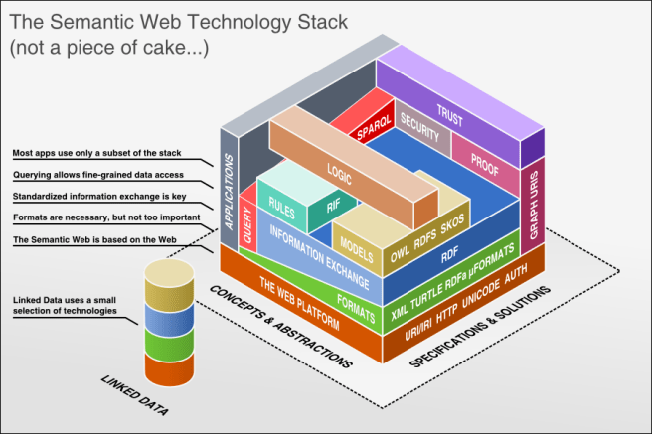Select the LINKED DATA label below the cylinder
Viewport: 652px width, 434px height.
136,394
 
